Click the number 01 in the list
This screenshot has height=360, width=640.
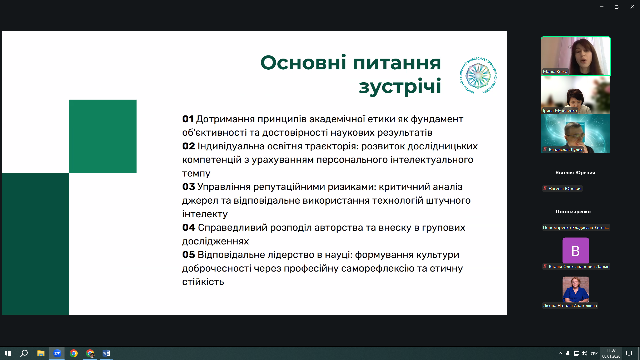[188, 119]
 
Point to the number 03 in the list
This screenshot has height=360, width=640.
[188, 187]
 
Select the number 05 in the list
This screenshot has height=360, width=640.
[188, 255]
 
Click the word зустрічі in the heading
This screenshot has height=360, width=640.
[400, 86]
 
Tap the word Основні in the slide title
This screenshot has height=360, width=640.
[303, 63]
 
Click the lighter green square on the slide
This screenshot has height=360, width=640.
[103, 136]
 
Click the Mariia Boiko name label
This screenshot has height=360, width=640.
[555, 72]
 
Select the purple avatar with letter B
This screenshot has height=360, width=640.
[575, 250]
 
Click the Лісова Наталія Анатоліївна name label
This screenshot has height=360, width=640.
[570, 306]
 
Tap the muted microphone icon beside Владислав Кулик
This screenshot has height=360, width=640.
[545, 150]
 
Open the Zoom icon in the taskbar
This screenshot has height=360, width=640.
[57, 353]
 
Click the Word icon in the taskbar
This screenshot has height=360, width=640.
[106, 353]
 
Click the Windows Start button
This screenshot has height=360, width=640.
[8, 353]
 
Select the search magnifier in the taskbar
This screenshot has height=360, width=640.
[24, 353]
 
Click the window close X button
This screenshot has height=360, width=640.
[632, 7]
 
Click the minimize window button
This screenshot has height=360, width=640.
[601, 7]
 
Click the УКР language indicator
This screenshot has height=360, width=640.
[594, 353]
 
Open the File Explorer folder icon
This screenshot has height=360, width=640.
[41, 353]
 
